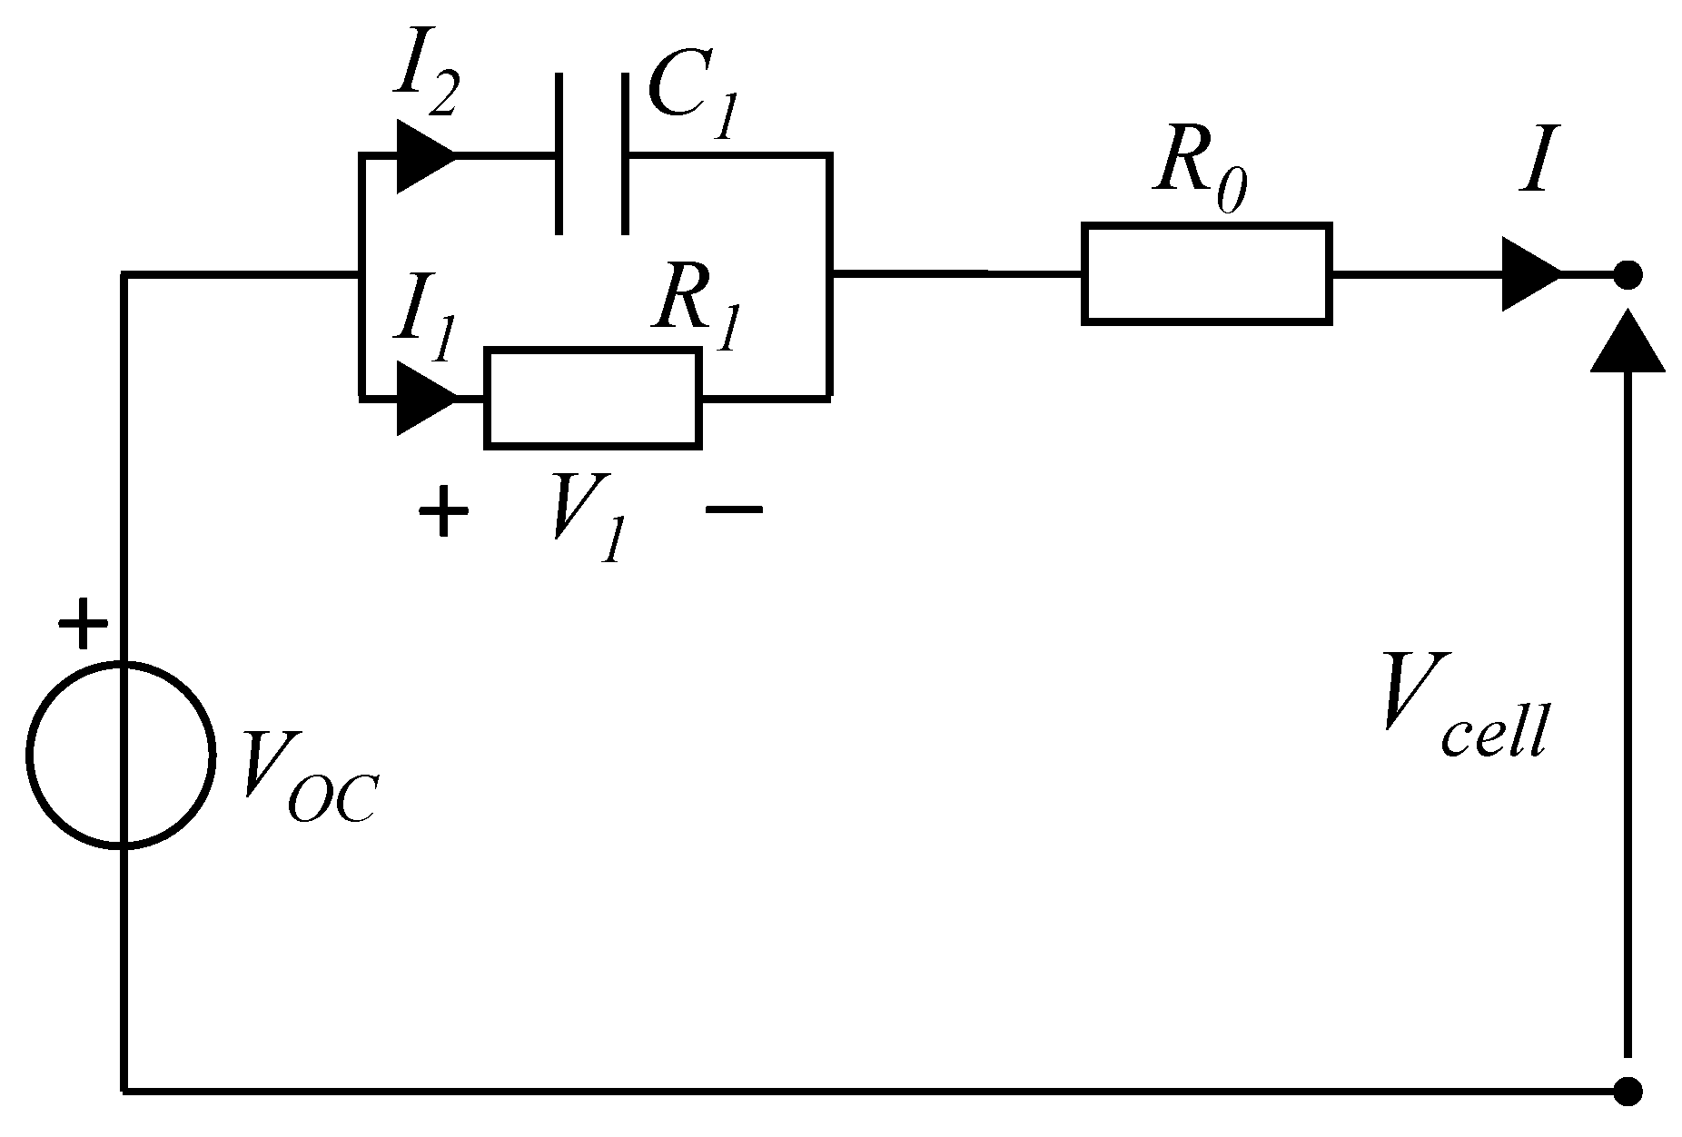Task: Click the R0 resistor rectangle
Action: point(1206,272)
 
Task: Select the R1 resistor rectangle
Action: point(593,398)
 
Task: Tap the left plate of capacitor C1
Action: point(559,154)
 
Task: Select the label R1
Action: point(695,313)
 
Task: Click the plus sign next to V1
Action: point(442,510)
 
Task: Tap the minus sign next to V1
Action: point(734,510)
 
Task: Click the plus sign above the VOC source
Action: point(83,623)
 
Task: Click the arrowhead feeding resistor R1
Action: point(425,398)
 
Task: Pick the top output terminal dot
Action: point(1628,273)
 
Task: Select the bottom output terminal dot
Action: point(1628,1091)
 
